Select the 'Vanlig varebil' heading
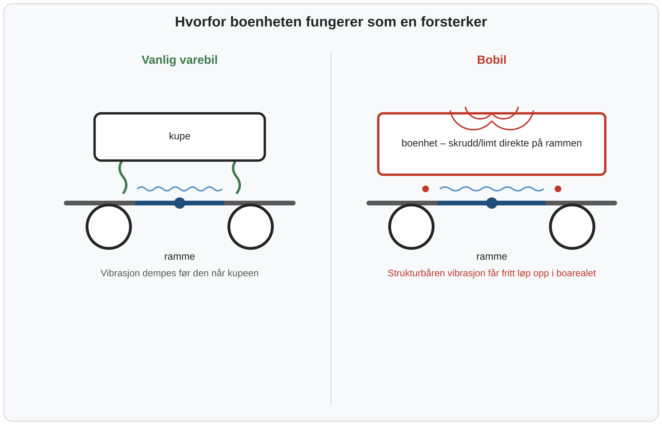180,60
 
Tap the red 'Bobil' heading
491,60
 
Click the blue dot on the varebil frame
180,203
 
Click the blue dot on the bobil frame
491,203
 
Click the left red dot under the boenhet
425,189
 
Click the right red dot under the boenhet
558,189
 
